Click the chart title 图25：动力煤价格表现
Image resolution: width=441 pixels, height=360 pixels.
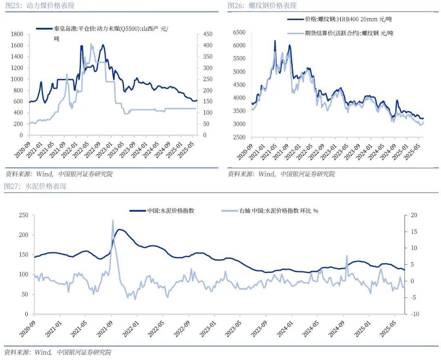pyautogui.click(x=39, y=6)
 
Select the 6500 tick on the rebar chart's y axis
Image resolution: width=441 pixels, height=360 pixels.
pyautogui.click(x=239, y=32)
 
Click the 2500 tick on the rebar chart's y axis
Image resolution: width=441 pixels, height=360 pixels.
pyautogui.click(x=239, y=137)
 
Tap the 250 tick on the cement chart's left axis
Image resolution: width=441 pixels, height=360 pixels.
pyautogui.click(x=24, y=215)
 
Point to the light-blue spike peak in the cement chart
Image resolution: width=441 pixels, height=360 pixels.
pyautogui.click(x=113, y=221)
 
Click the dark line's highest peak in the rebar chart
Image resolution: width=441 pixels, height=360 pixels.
pyautogui.click(x=275, y=41)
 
